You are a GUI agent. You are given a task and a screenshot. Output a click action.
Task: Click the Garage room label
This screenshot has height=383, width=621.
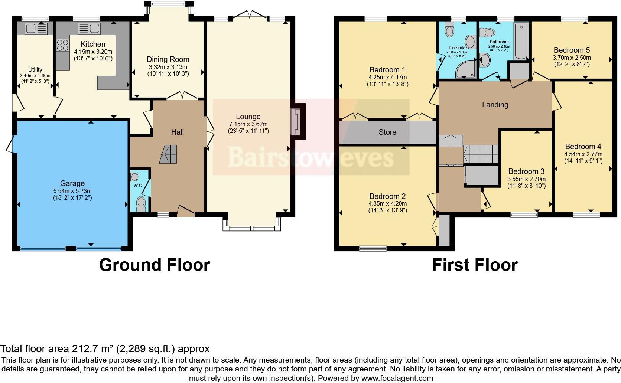pos(72,183)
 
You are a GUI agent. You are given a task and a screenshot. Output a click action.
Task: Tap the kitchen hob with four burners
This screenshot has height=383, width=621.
pos(63,45)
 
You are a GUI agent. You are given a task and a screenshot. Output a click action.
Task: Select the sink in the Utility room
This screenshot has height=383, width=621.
pos(36,29)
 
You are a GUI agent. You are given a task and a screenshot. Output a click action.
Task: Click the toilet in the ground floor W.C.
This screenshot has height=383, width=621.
pos(141,204)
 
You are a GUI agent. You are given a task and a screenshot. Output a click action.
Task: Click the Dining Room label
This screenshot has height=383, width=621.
pos(168,59)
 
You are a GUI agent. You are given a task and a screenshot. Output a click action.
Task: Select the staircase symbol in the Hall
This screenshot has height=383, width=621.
pos(168,154)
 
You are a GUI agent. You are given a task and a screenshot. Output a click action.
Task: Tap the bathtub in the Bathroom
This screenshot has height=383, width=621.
pos(521,41)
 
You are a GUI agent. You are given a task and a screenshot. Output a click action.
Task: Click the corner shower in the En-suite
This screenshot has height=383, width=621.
pos(466,69)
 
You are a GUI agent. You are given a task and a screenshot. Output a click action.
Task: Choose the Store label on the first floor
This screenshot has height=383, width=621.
pos(387,132)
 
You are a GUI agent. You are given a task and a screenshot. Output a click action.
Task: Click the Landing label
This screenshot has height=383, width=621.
pos(495,105)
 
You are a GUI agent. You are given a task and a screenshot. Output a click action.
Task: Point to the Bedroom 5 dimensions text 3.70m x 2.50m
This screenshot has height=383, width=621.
pos(572,58)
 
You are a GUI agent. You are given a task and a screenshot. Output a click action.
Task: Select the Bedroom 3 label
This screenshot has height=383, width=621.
pos(526,171)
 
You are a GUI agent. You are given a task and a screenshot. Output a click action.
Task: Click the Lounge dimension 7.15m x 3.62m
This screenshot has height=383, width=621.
pos(248,124)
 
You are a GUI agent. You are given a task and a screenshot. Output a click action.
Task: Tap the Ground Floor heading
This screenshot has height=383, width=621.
pos(155,265)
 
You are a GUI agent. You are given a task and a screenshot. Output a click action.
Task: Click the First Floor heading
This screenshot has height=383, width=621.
pos(475,265)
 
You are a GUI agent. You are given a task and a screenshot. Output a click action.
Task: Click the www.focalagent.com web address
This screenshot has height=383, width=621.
pos(397,378)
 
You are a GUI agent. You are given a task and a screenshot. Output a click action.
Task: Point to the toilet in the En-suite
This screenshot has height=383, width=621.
pos(449,30)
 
